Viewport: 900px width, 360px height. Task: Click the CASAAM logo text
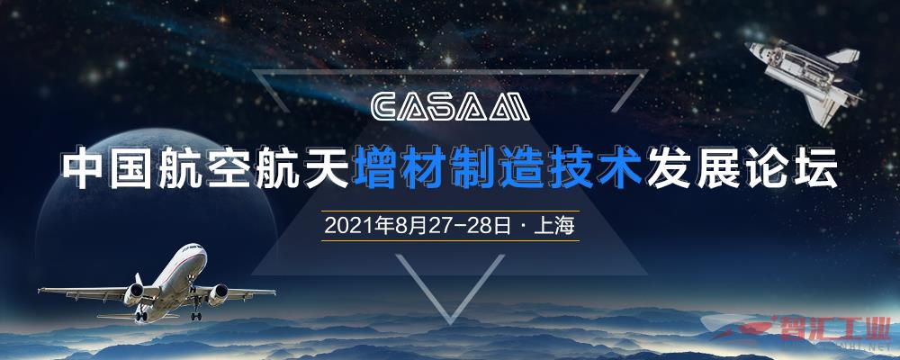pos(450,107)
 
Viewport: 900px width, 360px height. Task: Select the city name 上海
pos(553,226)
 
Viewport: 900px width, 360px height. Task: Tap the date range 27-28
pos(457,226)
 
